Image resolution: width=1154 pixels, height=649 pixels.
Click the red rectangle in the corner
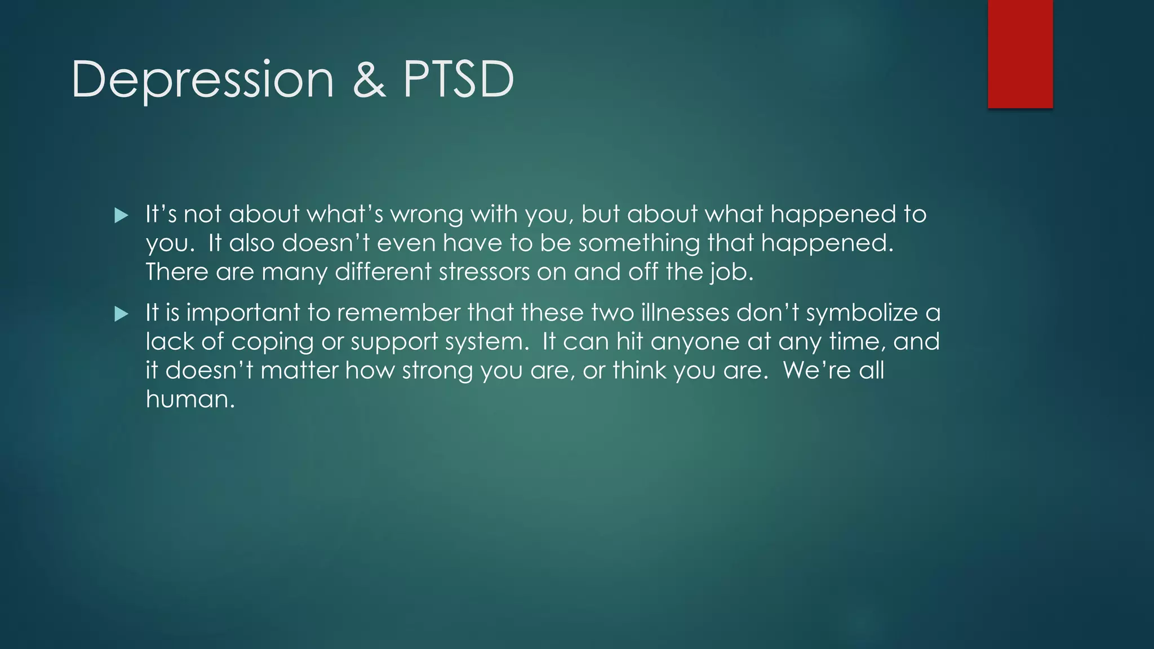coord(1020,54)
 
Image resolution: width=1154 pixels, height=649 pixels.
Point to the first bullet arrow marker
coord(121,215)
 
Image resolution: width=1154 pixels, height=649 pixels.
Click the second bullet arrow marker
coord(121,314)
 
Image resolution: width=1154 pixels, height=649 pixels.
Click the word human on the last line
coord(190,399)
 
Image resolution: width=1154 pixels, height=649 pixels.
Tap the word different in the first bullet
coord(383,273)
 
